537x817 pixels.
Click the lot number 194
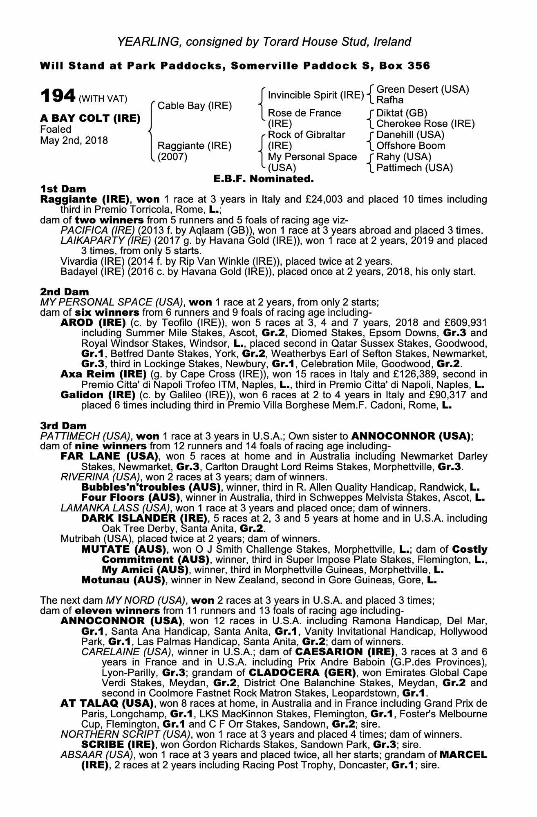[58, 96]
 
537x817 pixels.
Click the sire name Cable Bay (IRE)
[195, 106]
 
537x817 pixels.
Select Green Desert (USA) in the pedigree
[422, 89]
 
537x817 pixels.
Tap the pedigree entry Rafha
[389, 100]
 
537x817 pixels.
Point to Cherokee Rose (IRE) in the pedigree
[425, 124]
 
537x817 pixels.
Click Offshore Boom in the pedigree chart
[410, 146]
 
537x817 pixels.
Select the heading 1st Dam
[63, 189]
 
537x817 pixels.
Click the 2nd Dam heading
[65, 292]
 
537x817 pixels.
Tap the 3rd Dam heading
[64, 426]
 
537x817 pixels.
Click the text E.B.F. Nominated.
[264, 179]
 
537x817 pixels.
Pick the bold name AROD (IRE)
[93, 322]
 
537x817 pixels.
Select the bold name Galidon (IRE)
[98, 395]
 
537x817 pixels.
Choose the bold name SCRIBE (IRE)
[118, 745]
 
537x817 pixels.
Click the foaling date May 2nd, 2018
[74, 141]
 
